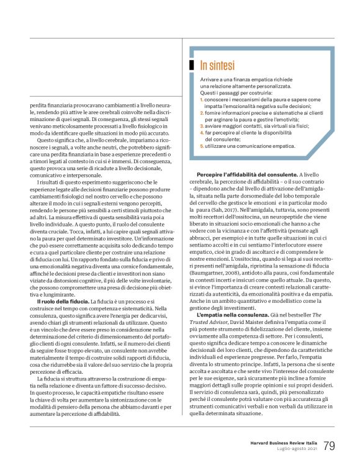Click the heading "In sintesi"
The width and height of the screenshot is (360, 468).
[215, 65]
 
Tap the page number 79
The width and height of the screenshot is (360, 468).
[330, 445]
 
